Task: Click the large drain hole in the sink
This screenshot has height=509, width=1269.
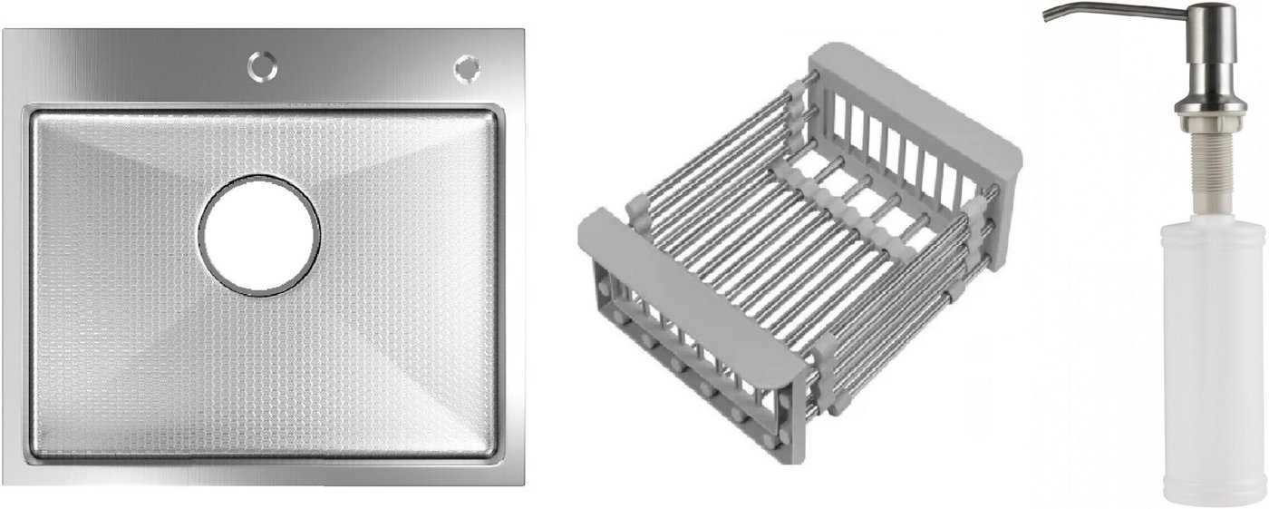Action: coord(259,236)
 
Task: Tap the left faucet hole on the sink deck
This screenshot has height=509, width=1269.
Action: coord(262,66)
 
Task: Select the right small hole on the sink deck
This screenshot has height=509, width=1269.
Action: coord(467,68)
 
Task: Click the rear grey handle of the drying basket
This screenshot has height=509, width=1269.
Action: coord(915,100)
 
